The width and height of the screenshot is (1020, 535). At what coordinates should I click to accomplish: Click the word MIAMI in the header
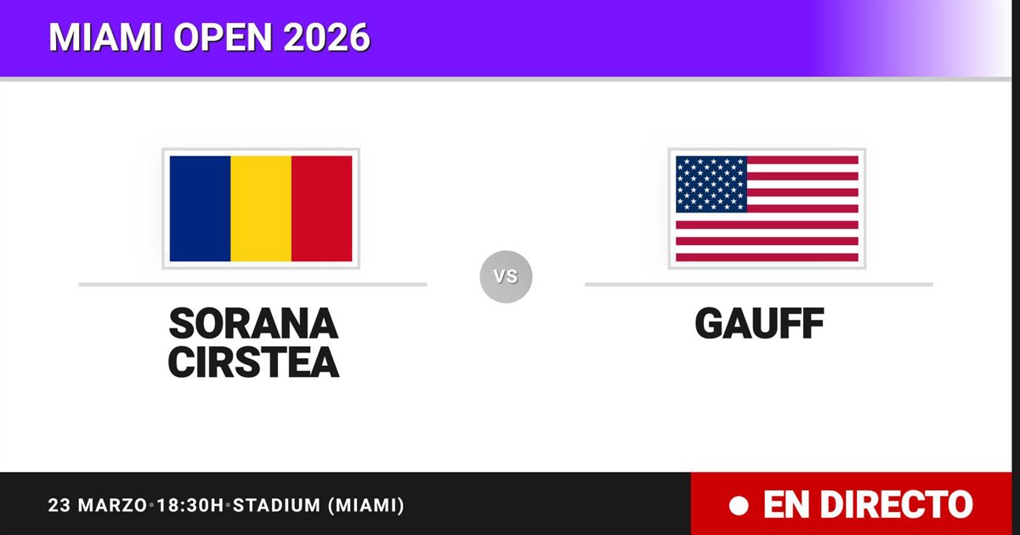coord(105,37)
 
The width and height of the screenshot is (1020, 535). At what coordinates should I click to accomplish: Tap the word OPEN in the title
coord(223,37)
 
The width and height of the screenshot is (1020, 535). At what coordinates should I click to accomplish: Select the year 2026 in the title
coord(326,37)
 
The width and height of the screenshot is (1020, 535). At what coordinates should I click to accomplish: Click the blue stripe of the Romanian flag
coord(200,208)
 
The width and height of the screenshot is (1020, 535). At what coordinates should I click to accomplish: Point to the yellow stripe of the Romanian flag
coord(261,208)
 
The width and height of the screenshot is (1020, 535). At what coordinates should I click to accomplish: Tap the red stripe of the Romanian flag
coord(321,208)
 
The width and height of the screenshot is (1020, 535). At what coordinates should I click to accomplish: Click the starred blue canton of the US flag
coord(711,184)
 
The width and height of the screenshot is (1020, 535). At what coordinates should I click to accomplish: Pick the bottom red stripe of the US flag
coord(767,258)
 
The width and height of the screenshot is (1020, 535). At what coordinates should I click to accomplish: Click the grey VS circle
coord(506,276)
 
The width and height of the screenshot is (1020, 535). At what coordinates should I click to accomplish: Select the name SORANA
coord(253,323)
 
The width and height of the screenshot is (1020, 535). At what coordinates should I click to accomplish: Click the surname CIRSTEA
coord(253,362)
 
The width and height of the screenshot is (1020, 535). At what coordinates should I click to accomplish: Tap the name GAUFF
coord(760,323)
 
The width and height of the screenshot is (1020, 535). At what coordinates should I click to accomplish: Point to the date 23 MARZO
coord(98,505)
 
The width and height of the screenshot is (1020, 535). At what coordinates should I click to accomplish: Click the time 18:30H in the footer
coord(190,505)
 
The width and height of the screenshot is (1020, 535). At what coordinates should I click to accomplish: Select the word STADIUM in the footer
coord(277,505)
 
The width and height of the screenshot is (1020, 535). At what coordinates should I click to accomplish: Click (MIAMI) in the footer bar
coord(366,505)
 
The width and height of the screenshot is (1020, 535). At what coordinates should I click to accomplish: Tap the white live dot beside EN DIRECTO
coord(739,506)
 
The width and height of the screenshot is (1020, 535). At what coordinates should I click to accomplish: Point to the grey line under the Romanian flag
coord(252,284)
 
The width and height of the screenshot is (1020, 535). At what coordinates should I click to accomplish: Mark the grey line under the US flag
coord(759,284)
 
